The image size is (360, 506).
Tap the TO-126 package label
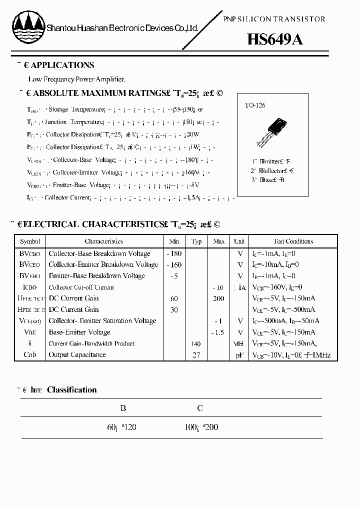[255, 105]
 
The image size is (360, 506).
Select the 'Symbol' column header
[30, 241]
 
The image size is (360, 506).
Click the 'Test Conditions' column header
[293, 241]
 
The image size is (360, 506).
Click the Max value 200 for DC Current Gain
[218, 298]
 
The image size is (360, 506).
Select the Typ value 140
[196, 343]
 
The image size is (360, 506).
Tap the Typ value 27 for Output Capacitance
[196, 355]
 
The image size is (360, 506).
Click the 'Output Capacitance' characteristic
[77, 355]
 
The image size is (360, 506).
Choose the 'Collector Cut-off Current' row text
[81, 287]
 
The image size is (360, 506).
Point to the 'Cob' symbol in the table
[30, 355]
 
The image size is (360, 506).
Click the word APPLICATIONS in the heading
[63, 65]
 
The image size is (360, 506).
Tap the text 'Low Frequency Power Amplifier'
[76, 79]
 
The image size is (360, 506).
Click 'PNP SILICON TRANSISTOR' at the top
[273, 19]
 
